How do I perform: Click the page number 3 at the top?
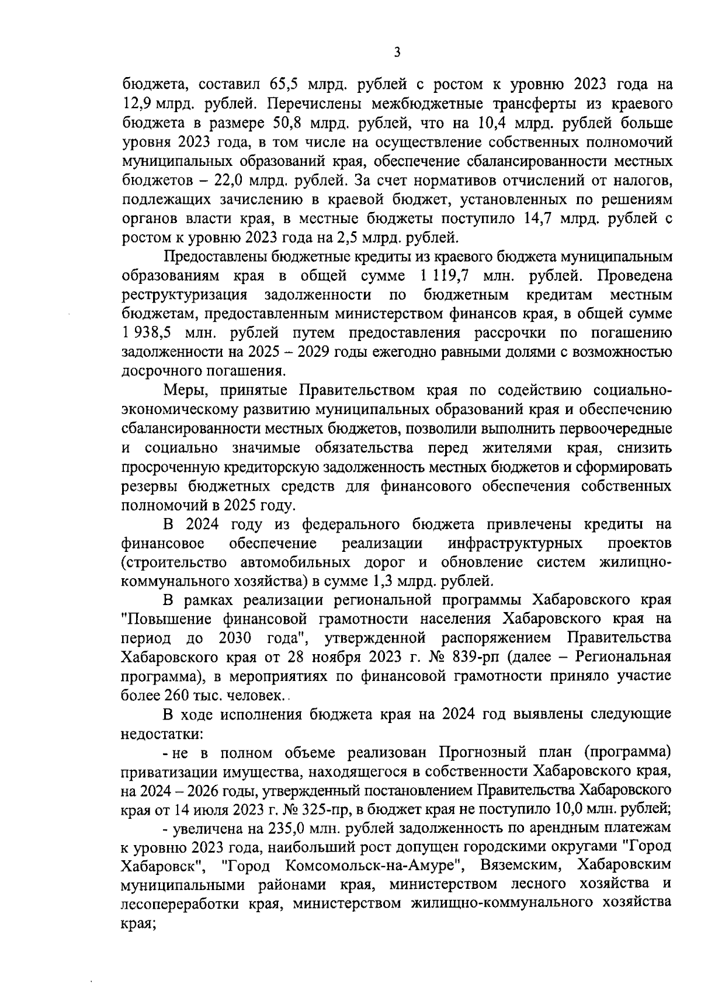click(x=397, y=53)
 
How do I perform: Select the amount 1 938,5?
click(x=147, y=333)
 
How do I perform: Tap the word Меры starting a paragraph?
click(x=183, y=390)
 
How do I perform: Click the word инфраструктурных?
click(x=515, y=543)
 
